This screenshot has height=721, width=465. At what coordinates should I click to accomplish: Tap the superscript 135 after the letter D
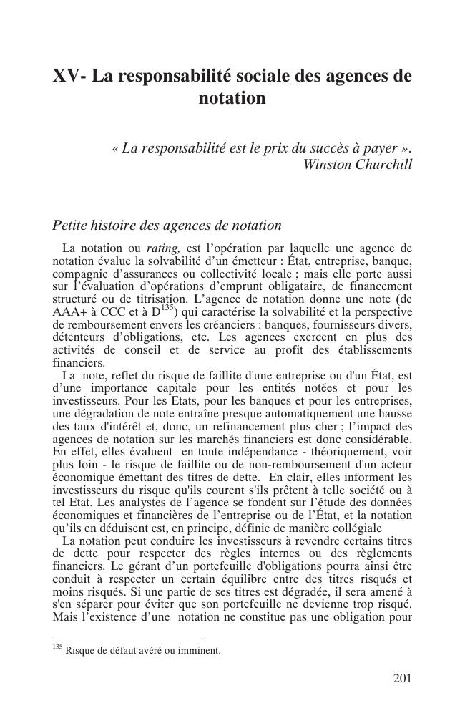click(167, 309)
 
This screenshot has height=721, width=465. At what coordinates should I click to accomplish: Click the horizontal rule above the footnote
click(128, 638)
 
